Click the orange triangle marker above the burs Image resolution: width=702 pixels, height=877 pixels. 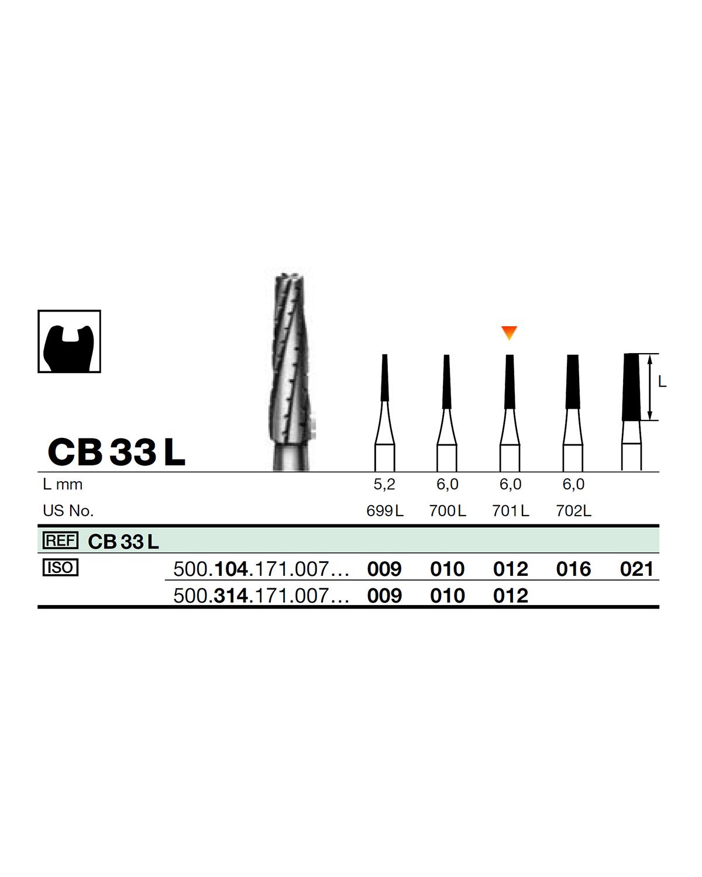point(509,333)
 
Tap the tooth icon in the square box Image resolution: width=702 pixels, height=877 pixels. point(69,341)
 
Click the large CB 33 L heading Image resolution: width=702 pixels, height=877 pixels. point(116,451)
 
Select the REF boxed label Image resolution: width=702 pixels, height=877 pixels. point(60,541)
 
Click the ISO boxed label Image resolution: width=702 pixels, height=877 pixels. point(60,568)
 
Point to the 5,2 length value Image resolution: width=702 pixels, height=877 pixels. point(384,484)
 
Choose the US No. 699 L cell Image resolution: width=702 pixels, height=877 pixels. point(384,511)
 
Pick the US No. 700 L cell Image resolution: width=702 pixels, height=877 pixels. point(448,511)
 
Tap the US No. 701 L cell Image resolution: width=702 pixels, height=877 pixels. point(511,511)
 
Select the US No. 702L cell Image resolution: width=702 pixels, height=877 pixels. point(573,511)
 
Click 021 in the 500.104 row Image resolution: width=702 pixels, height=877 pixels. point(636,569)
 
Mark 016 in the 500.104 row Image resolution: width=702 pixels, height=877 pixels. point(573,569)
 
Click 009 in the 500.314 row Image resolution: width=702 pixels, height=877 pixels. point(384,596)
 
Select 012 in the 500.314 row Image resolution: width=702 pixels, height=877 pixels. point(511,596)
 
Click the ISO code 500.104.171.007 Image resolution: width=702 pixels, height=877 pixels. point(261,569)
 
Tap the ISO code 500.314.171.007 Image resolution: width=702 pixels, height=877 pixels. point(261,596)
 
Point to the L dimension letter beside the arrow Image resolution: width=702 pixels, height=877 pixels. point(662,382)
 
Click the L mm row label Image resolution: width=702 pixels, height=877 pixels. point(63,485)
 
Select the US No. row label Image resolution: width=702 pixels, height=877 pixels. point(68,511)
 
